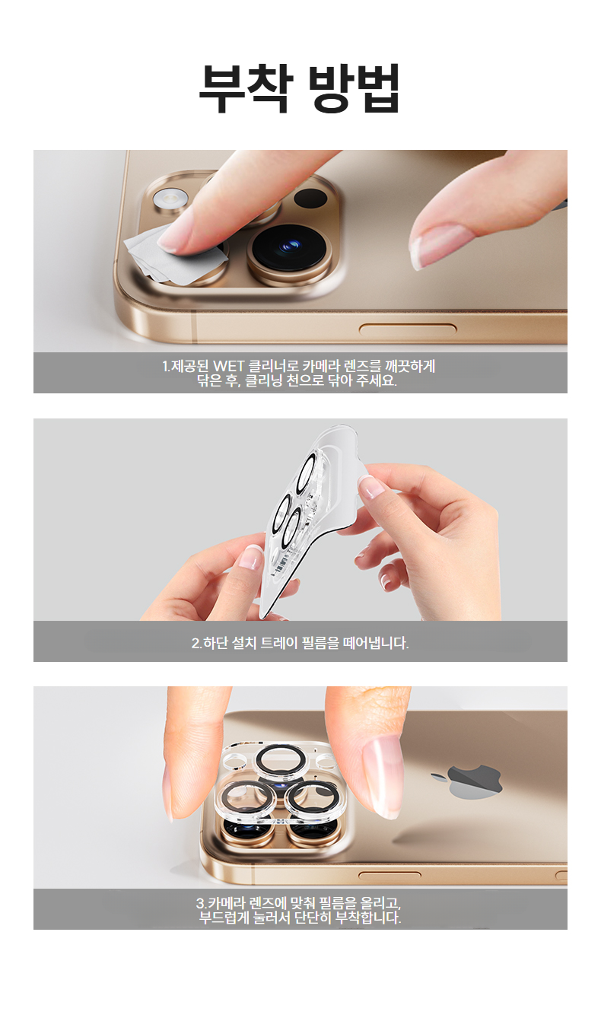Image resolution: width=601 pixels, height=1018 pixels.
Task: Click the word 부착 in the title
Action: point(245,88)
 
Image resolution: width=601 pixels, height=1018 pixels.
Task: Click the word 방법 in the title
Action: point(355,88)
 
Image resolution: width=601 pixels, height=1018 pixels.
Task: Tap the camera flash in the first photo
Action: point(170,199)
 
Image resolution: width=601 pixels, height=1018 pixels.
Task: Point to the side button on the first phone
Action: point(408,329)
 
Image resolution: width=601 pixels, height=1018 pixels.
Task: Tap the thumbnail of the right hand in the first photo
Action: point(442,246)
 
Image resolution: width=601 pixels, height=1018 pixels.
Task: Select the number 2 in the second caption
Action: point(196,643)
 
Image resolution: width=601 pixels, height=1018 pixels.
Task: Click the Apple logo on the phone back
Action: point(467,781)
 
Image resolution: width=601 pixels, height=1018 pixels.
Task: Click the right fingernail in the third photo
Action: point(383,775)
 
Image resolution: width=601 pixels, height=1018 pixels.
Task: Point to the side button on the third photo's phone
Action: point(390,875)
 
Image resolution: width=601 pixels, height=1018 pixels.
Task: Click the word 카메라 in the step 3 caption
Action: point(223,902)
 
